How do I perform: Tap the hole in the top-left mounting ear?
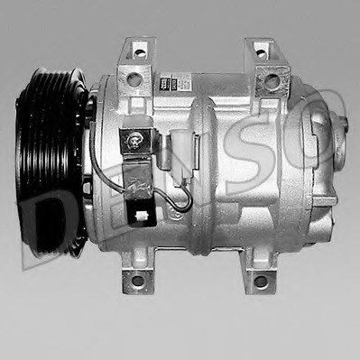[x=139, y=53]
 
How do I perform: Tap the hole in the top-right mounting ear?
[x=262, y=52]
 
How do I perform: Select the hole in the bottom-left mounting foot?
[x=137, y=280]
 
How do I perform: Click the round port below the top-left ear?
[x=134, y=80]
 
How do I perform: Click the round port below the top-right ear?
[x=271, y=81]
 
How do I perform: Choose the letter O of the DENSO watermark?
[x=320, y=135]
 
